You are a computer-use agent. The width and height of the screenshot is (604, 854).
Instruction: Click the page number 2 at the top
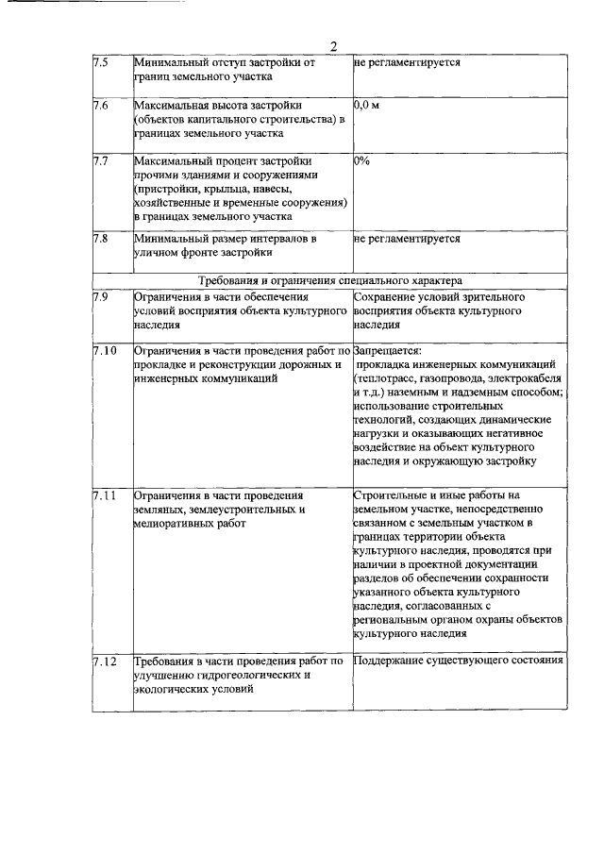point(333,48)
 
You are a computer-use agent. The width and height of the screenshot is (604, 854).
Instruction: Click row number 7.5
point(101,62)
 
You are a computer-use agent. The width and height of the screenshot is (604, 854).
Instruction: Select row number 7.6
point(101,105)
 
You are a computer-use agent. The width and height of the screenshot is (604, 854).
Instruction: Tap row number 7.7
point(101,161)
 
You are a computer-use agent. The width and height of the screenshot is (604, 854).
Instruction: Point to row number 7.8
point(101,239)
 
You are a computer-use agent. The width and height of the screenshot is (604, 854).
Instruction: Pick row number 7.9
point(101,296)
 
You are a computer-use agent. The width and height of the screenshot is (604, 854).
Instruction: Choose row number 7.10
point(105,351)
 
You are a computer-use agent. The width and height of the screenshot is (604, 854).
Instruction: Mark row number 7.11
point(105,494)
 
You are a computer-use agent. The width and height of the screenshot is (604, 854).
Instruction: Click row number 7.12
point(105,661)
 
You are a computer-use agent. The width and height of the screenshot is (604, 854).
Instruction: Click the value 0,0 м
point(366,105)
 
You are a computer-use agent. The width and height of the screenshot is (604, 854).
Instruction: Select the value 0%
point(361,161)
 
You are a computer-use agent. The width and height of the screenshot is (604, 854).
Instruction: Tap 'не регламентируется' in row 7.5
point(408,62)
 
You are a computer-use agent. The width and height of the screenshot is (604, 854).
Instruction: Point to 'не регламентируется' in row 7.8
point(408,239)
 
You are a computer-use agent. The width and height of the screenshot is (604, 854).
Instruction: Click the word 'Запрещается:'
point(387,351)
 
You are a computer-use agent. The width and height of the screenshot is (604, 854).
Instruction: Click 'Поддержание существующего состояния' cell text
point(459,661)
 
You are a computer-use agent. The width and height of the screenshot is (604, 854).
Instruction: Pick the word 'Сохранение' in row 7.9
point(383,296)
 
